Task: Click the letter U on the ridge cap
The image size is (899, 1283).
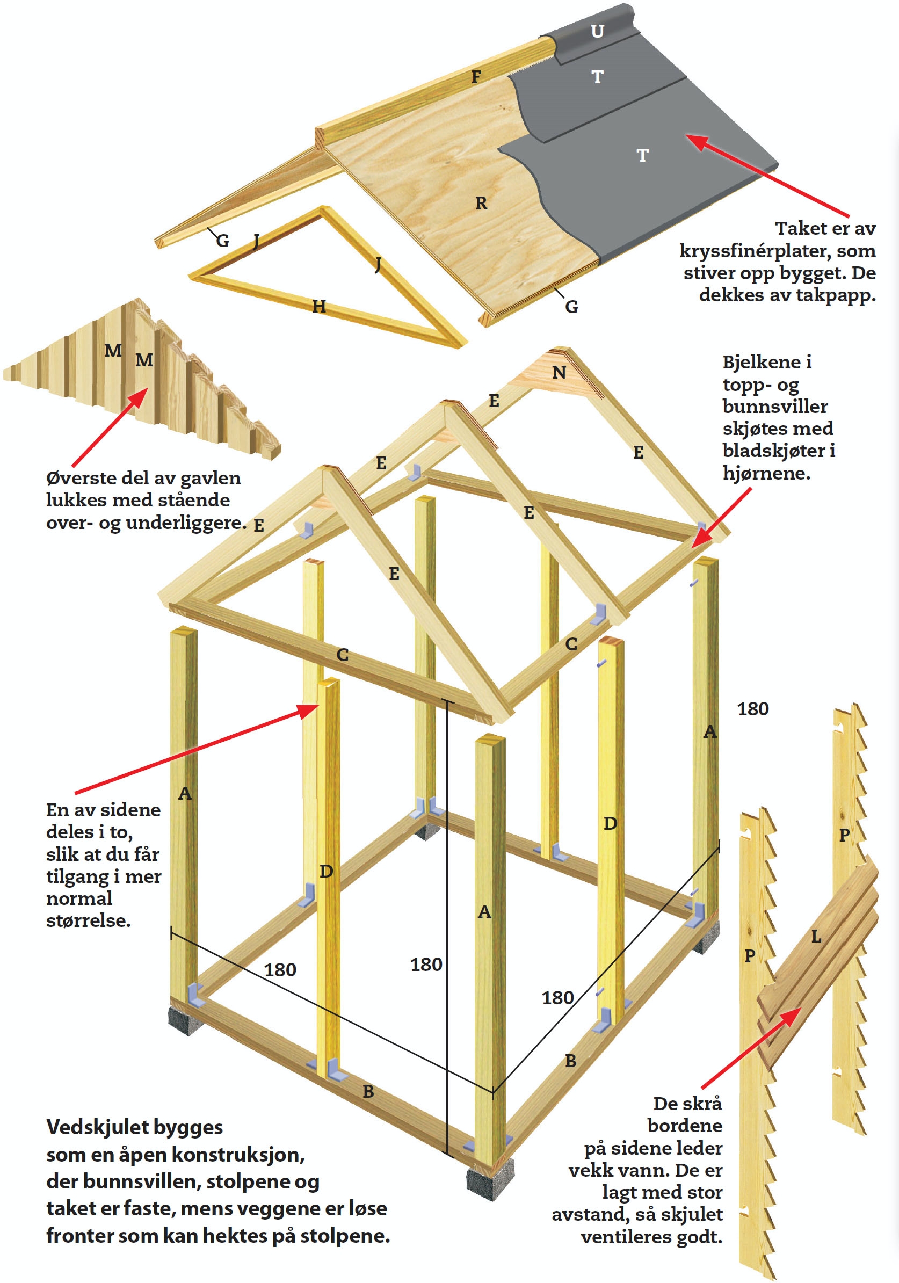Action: point(597,31)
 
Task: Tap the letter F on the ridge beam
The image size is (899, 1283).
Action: point(476,77)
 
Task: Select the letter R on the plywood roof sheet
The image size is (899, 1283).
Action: point(481,204)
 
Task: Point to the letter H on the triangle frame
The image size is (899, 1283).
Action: point(318,306)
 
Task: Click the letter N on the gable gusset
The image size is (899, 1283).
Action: point(559,373)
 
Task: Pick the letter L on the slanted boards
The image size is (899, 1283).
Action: point(816,937)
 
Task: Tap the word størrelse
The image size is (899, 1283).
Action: point(88,920)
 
